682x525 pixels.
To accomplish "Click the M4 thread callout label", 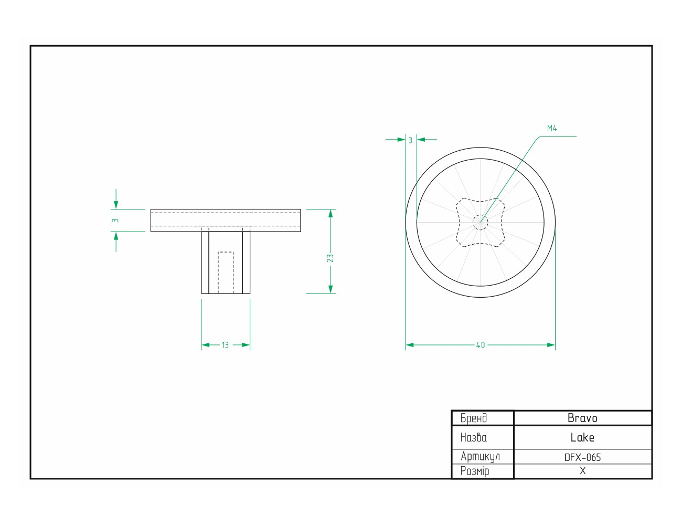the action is click(552, 128).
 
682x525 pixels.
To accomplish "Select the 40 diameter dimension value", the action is click(481, 345).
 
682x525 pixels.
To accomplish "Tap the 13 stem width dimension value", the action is click(225, 345).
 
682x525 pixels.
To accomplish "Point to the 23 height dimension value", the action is click(330, 258).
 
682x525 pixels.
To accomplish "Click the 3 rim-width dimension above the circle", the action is click(410, 140).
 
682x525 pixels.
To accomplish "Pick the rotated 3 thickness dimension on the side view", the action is click(115, 220).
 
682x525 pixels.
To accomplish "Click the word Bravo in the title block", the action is click(582, 418).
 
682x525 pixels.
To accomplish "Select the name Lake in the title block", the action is click(582, 437).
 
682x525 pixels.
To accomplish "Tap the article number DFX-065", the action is click(582, 457).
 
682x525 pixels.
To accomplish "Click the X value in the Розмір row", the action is click(582, 470).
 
